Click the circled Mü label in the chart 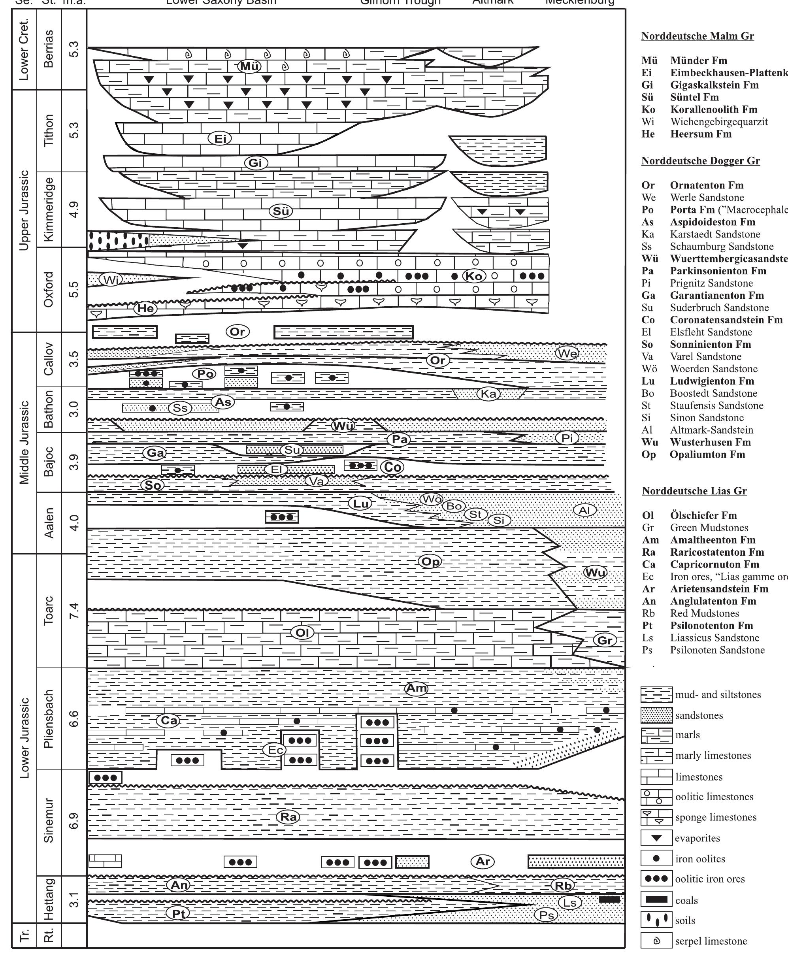click(249, 66)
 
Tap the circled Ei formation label click(220, 138)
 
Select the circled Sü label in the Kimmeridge click(281, 211)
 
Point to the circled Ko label click(474, 275)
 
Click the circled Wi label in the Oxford click(111, 280)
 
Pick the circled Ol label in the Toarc click(302, 632)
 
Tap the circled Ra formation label click(288, 817)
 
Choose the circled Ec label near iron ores click(275, 750)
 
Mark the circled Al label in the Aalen click(584, 510)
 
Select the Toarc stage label click(49, 611)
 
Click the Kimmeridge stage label click(49, 209)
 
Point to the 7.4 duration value click(74, 611)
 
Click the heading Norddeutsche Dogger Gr click(700, 161)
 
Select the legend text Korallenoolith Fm click(714, 109)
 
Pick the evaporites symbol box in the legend click(656, 838)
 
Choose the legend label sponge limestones click(716, 817)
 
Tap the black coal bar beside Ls click(609, 899)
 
